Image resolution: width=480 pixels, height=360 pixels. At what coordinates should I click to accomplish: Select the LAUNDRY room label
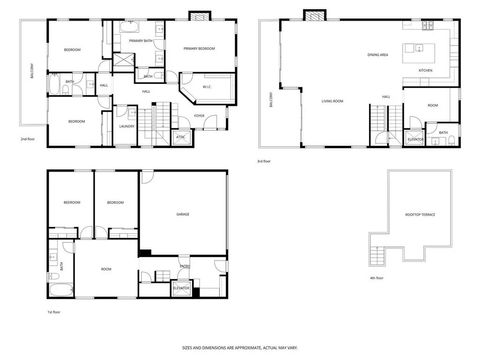coord(126,126)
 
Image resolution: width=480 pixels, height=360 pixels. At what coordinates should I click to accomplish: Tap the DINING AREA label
coord(377,55)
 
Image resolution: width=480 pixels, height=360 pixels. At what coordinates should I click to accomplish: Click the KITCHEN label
coord(424,71)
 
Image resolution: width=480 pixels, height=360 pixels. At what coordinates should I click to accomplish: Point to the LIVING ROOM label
coord(333,101)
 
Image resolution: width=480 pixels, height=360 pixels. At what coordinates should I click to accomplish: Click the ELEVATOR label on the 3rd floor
coord(411,140)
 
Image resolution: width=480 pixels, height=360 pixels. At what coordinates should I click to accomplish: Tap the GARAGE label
coord(183,214)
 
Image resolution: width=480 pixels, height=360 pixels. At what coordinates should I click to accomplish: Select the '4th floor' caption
coord(376,277)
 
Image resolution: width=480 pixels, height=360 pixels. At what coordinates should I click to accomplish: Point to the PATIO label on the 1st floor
coord(185,266)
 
